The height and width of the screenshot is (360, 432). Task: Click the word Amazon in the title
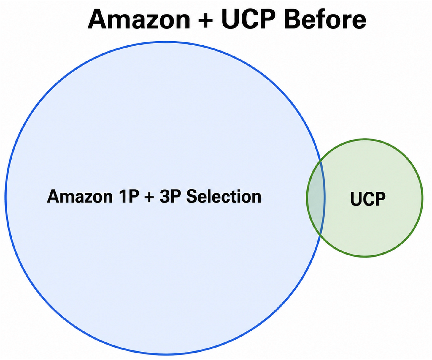click(139, 20)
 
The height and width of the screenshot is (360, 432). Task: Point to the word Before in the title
click(325, 20)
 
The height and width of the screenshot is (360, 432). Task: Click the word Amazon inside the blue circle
click(80, 197)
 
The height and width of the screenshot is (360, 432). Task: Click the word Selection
click(224, 197)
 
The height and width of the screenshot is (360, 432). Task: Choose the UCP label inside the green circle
click(368, 199)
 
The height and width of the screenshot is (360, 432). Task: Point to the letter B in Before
click(292, 20)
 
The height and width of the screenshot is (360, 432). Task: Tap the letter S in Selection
click(192, 197)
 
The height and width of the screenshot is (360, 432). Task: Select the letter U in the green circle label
click(356, 199)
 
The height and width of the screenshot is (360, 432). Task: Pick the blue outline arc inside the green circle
click(325, 198)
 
